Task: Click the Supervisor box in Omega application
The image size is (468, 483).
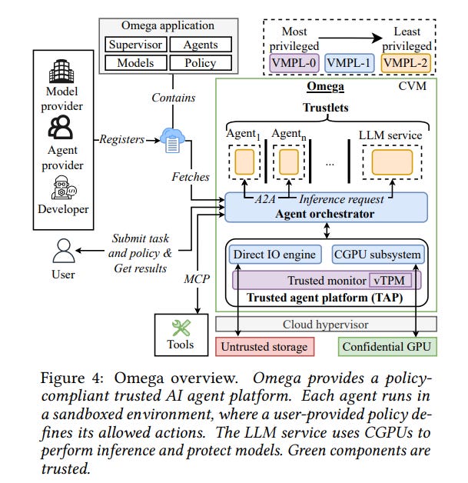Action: [135, 45]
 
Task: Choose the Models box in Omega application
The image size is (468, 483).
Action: [135, 63]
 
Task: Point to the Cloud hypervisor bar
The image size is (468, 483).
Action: [327, 324]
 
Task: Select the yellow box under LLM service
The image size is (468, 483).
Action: [392, 160]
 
